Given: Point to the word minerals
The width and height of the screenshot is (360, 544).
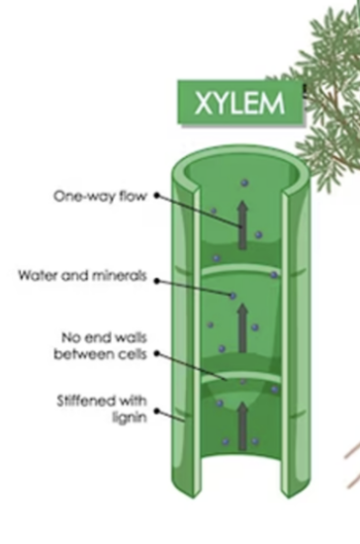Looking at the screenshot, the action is coord(121,276).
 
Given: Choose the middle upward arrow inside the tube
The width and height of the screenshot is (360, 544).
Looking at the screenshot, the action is coord(241,327).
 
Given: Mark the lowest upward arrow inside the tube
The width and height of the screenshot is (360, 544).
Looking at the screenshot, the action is coord(241,422).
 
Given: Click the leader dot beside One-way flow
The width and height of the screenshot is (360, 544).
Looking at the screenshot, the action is coord(156,196).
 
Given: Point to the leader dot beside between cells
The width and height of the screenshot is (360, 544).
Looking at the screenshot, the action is coord(156,353).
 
